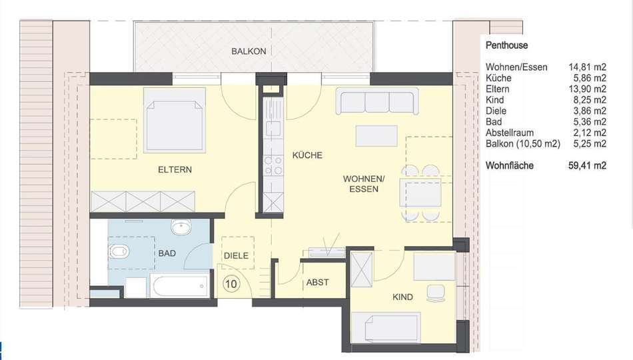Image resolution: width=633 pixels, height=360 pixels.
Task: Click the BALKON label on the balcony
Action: tap(249, 51)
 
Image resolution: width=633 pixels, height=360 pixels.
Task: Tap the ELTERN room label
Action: tap(175, 170)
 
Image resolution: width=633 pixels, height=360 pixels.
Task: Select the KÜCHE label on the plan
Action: tap(307, 155)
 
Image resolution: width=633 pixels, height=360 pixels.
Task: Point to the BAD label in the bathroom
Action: tap(167, 253)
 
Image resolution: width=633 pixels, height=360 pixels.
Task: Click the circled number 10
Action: tap(231, 284)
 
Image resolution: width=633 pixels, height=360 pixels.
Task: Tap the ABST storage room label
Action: tap(317, 283)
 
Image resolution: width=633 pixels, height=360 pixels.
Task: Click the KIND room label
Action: tap(402, 297)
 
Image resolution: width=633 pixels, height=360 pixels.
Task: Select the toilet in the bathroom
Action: tap(119, 252)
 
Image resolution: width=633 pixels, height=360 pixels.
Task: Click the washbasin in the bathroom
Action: tap(181, 227)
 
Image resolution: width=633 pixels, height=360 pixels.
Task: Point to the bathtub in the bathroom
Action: tap(180, 286)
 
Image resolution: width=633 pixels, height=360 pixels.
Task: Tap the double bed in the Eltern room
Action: tap(175, 121)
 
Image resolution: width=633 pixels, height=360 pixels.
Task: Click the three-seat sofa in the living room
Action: tap(377, 101)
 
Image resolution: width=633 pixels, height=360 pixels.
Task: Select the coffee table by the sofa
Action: tap(376, 136)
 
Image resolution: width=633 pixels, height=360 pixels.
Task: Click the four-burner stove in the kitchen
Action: tap(273, 166)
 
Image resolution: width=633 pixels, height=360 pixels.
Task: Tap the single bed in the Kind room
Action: tap(386, 328)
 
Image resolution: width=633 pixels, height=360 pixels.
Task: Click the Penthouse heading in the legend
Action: tap(506, 45)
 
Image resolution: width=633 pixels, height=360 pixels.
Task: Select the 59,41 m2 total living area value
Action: tap(588, 165)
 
